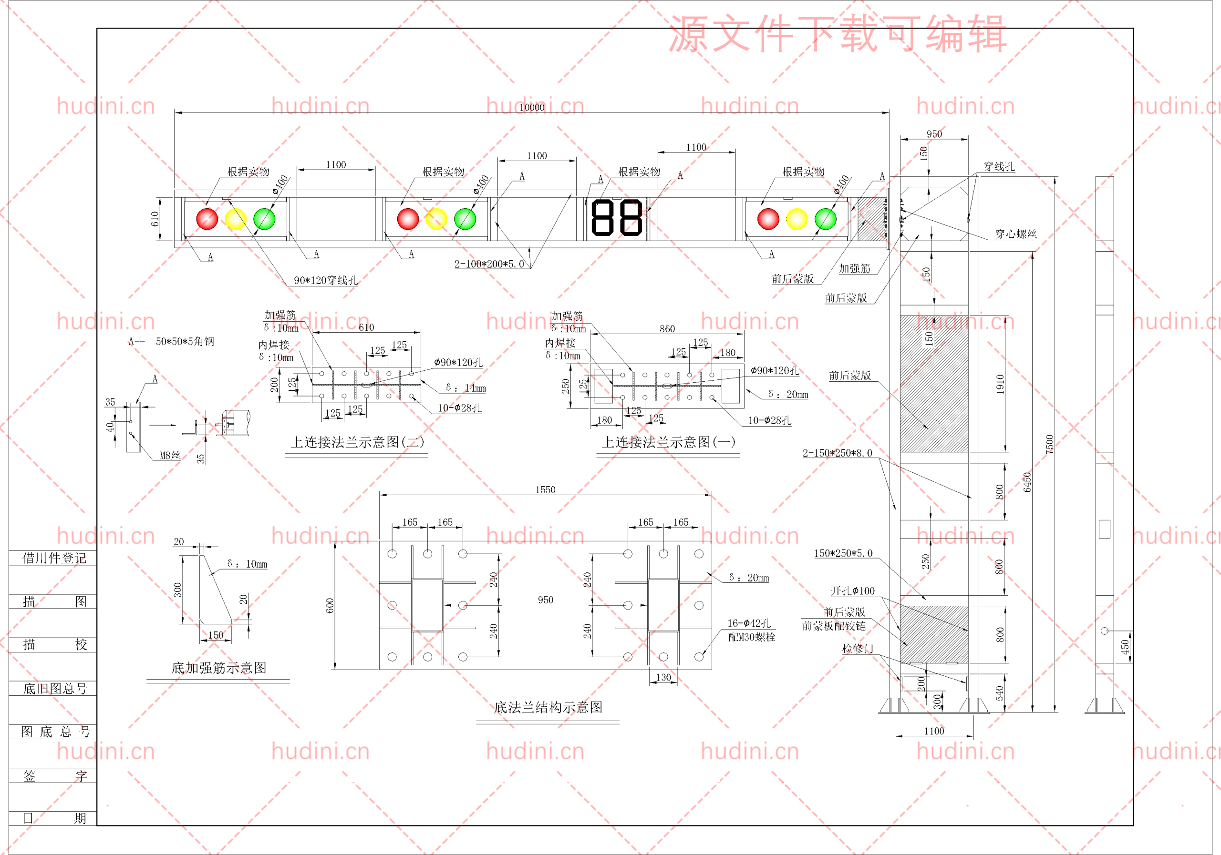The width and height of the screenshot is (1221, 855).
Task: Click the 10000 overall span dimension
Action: [x=532, y=107]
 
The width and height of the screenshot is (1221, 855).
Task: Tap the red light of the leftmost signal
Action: [x=207, y=219]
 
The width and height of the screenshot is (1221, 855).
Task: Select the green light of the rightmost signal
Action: [x=825, y=219]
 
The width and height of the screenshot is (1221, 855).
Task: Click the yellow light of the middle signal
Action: [x=436, y=219]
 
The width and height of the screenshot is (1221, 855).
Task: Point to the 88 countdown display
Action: [x=617, y=218]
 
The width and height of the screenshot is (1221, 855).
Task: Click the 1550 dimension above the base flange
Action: [x=545, y=489]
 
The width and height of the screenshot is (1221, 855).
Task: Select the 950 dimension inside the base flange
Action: [x=545, y=600]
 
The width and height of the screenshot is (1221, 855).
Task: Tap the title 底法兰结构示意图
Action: [x=548, y=707]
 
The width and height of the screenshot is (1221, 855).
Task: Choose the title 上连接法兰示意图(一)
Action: [x=669, y=442]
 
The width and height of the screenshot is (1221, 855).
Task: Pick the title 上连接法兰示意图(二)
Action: [x=358, y=442]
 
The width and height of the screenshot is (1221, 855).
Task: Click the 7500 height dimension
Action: [x=1049, y=444]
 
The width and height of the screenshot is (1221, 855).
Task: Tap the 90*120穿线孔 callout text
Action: [x=325, y=280]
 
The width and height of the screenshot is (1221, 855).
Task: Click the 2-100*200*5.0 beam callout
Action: [x=489, y=264]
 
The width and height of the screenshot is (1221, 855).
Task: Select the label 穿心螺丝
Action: [x=1016, y=234]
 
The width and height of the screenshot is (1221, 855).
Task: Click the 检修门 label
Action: [x=857, y=648]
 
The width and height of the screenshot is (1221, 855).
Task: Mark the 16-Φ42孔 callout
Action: [x=749, y=623]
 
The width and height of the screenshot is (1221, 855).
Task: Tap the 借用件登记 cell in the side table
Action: [x=54, y=558]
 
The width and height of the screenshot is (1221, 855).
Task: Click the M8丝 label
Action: [x=170, y=456]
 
